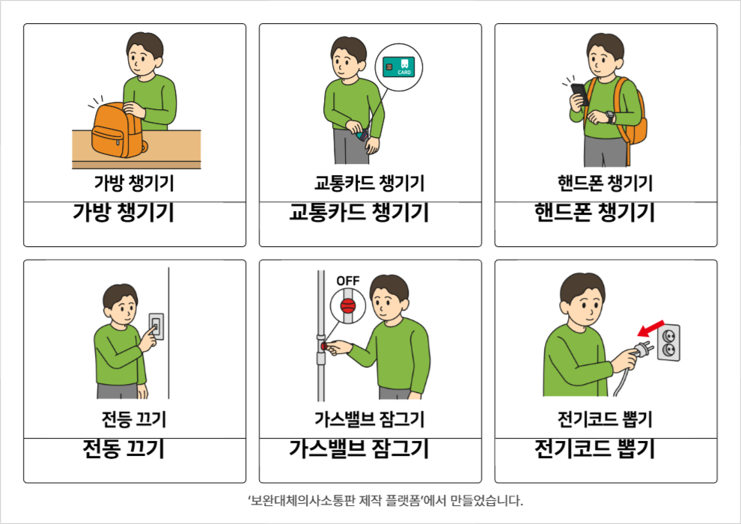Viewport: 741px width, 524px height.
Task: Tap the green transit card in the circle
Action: coord(398,67)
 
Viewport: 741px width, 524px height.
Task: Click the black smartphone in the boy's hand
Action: coord(580,94)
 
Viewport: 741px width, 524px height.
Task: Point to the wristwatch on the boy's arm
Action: coord(610,117)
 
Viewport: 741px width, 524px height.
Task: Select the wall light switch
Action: coord(156,326)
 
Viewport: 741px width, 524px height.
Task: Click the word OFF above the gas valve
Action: coord(348,281)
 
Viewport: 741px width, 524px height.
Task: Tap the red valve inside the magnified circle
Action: coord(348,306)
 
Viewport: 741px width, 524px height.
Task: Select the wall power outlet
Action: coord(668,343)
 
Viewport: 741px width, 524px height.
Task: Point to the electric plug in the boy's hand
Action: coord(644,350)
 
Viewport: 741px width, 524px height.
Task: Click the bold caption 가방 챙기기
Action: coord(124,212)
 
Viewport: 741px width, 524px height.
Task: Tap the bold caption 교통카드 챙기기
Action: coord(359,212)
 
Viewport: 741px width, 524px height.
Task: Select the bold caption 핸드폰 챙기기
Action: coord(594,212)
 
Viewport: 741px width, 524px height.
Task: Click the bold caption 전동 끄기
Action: coord(124,448)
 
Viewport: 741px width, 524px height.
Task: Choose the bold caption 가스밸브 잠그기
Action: coord(359,448)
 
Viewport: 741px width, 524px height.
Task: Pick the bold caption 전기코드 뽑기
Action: coord(594,448)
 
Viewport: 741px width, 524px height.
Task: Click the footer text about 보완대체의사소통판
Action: coord(385,500)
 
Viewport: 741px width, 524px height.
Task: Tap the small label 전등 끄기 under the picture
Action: coord(134,419)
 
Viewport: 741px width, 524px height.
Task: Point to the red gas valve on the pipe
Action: coord(324,347)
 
